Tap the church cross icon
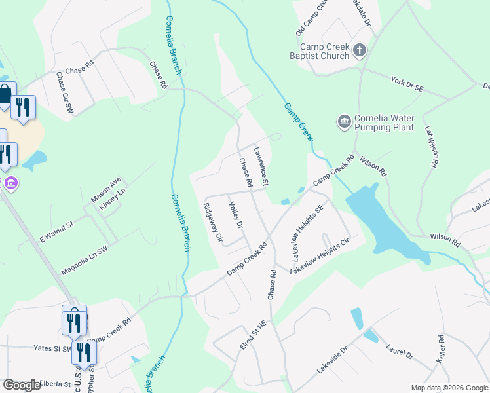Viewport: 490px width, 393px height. point(359,50)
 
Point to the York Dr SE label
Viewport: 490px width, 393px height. point(408,84)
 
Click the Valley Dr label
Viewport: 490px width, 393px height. point(236,215)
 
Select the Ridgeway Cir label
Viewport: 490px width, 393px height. point(213,222)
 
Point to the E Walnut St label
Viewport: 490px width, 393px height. point(57,233)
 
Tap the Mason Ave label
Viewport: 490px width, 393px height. point(106,189)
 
